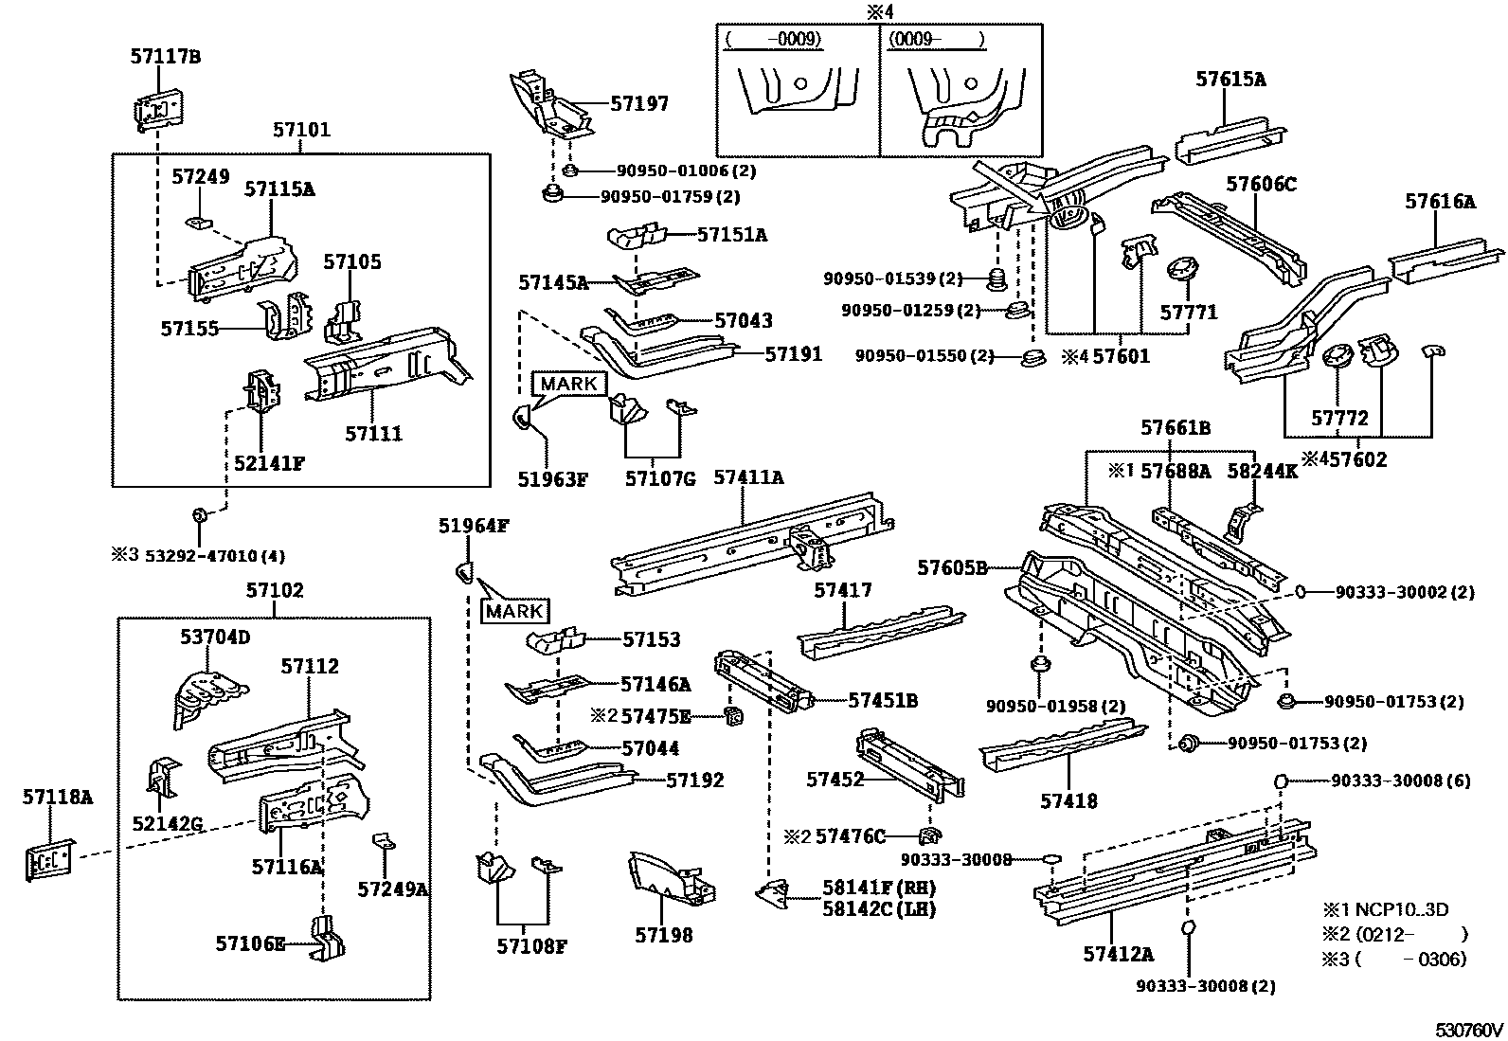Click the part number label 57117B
166,57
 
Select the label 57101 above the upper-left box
301,129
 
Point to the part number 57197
639,103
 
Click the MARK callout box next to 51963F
569,384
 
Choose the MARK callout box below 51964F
515,611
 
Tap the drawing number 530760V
1469,1030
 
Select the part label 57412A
1118,954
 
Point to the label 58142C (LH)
879,909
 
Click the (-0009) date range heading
774,39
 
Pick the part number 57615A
1230,80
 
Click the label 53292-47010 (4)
215,556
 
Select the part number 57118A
58,798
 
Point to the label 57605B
952,568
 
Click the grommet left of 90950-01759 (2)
552,193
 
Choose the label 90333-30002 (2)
1405,593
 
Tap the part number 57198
664,935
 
